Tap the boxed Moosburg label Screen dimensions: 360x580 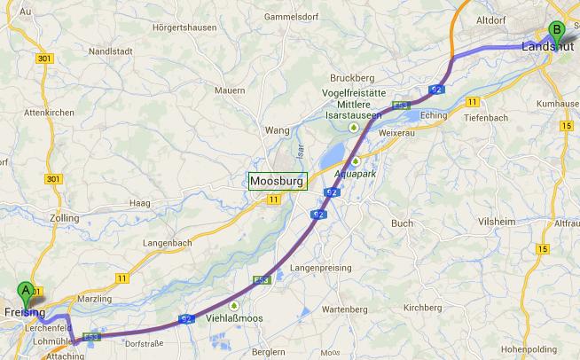click(x=277, y=181)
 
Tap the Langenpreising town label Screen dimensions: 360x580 click(x=321, y=267)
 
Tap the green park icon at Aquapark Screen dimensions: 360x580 click(x=355, y=161)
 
